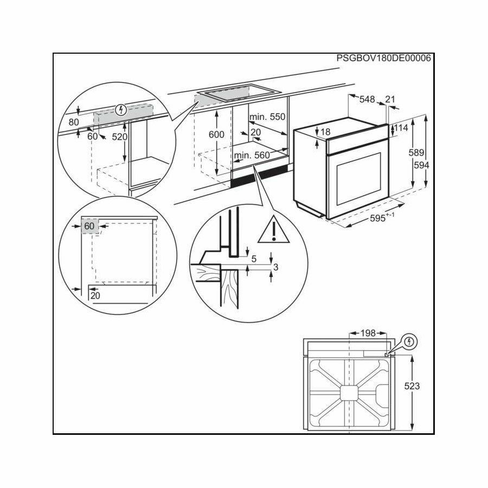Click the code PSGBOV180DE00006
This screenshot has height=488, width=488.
point(384,58)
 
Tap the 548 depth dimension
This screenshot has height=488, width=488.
point(367,99)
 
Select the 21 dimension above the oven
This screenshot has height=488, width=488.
point(390,99)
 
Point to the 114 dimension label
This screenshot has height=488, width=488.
point(401,127)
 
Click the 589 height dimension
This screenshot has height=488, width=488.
point(416,152)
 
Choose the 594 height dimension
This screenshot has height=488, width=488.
point(421,165)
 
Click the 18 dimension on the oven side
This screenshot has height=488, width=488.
point(325,132)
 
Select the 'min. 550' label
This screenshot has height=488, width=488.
point(267,117)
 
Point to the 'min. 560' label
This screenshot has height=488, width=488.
point(252,155)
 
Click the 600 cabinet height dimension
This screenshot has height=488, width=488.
point(216,134)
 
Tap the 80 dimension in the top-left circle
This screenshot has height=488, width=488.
point(74,122)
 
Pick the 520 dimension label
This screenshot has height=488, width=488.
point(120,137)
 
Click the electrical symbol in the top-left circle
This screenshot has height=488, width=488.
point(120,110)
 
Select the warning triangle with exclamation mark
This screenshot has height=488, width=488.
point(274,230)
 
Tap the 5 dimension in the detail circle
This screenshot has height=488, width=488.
point(254,259)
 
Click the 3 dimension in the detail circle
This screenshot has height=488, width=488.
point(275,267)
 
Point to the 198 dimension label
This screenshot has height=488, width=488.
point(368,333)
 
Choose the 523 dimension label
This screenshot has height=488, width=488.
point(412,386)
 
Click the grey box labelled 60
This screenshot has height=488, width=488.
point(90,226)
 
